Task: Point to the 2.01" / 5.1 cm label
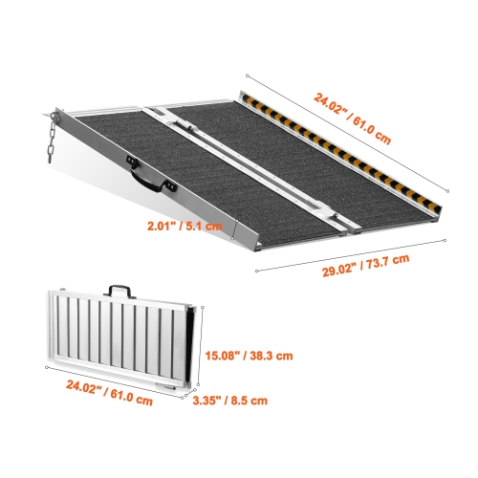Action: click(x=185, y=227)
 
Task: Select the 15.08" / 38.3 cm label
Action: click(x=249, y=356)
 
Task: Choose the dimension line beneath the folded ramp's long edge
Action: click(x=115, y=378)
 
